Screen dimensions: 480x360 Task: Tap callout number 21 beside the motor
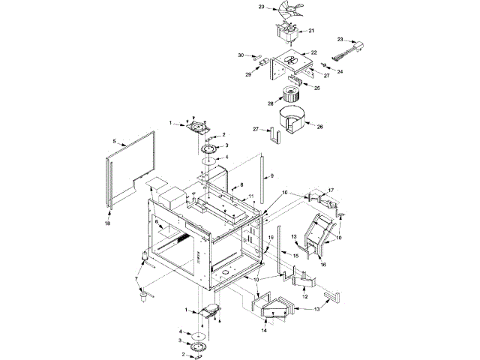point(311,31)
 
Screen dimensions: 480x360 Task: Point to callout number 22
point(314,52)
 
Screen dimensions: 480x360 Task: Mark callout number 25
point(316,88)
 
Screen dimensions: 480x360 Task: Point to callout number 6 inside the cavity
point(156,222)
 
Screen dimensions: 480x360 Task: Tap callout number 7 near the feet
point(136,279)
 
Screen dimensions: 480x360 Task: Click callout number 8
point(241,184)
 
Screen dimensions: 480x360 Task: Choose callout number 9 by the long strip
point(271,176)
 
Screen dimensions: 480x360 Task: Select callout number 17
point(331,190)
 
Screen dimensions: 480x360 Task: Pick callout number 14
point(264,329)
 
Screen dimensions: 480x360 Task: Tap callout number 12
point(304,298)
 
